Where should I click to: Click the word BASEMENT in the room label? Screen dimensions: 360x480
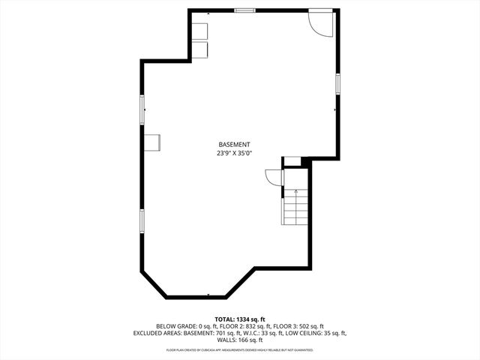[234, 144]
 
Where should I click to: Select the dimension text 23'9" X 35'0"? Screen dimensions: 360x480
[234, 153]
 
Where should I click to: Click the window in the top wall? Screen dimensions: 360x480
[244, 10]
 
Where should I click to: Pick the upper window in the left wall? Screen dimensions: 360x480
[142, 109]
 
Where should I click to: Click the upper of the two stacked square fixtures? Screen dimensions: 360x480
[200, 31]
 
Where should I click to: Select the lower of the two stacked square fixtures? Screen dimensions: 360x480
[200, 49]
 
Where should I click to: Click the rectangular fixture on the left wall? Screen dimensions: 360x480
[152, 142]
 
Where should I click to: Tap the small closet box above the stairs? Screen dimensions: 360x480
[292, 162]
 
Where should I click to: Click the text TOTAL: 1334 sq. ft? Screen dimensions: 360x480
[240, 319]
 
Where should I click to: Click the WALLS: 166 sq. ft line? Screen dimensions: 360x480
[240, 340]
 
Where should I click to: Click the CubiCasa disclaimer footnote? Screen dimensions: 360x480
[240, 350]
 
